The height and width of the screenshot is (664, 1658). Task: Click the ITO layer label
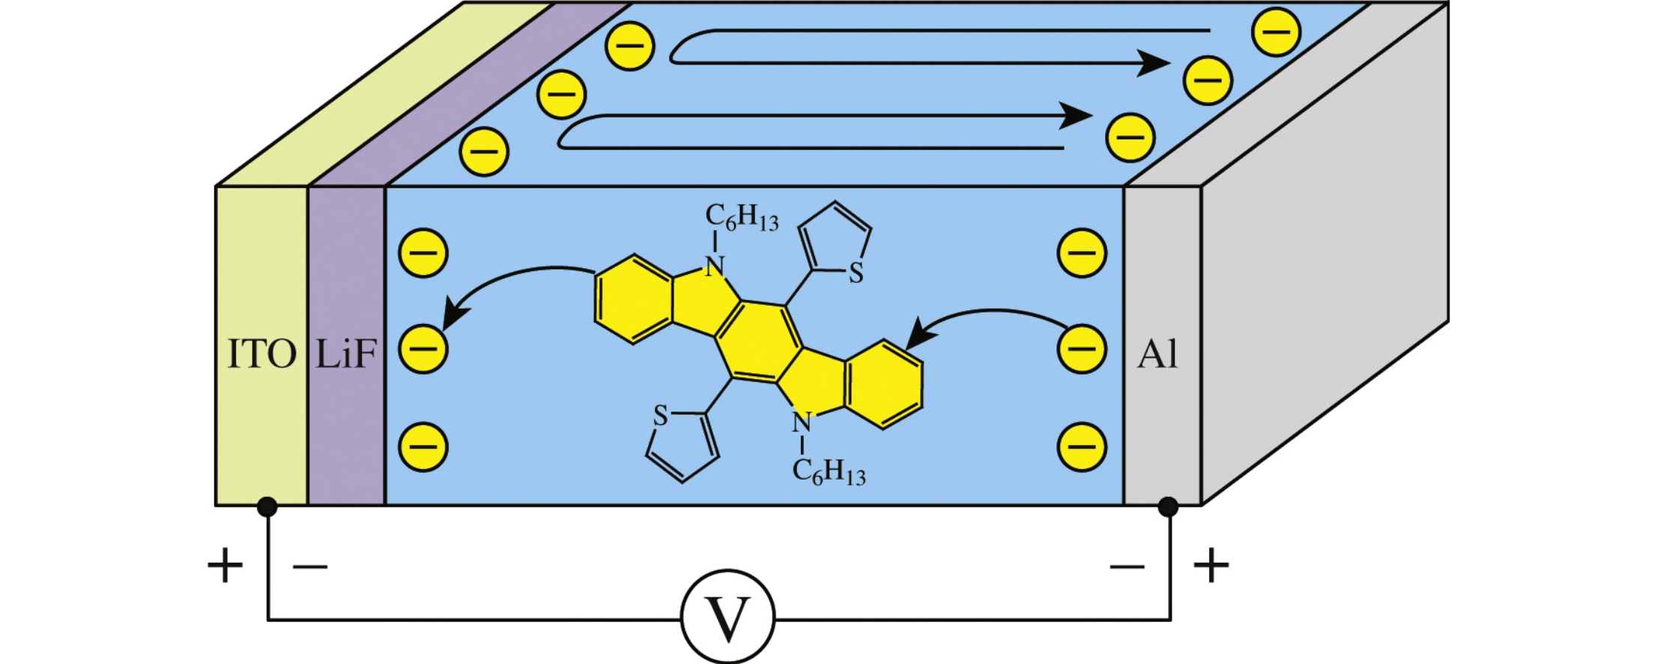(261, 354)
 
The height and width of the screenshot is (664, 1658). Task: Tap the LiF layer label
(345, 354)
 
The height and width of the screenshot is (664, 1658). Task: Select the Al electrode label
(1158, 354)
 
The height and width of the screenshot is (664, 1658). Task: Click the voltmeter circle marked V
(727, 618)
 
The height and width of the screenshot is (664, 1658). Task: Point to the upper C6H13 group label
(742, 218)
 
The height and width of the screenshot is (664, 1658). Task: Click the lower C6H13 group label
(829, 472)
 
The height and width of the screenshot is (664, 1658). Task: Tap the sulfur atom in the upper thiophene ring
(856, 274)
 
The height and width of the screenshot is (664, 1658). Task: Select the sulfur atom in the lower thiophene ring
(660, 415)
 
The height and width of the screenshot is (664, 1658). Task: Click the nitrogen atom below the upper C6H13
(715, 265)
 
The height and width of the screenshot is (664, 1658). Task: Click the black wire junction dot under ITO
(267, 507)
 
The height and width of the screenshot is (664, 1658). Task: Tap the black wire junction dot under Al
(1167, 507)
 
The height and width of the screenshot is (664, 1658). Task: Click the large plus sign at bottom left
(225, 566)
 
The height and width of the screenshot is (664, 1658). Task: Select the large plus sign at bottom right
(1211, 566)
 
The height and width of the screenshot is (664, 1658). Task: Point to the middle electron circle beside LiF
(423, 349)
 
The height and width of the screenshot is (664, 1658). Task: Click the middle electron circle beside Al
(1081, 349)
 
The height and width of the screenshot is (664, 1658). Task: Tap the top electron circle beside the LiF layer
(423, 253)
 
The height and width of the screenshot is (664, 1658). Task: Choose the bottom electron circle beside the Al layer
(1081, 447)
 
